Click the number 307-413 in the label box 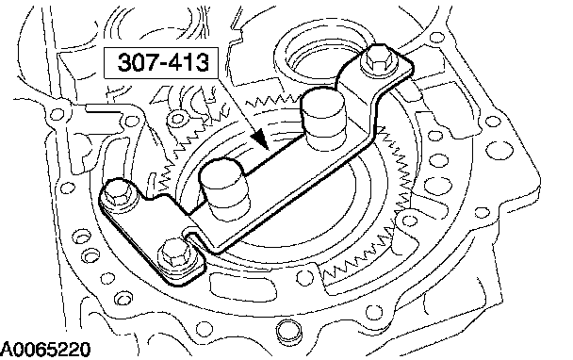pos(163,62)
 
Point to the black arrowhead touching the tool pos(260,139)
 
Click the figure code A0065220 pos(45,350)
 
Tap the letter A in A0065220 pos(7,350)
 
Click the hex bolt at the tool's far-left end pos(117,196)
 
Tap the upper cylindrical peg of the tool pos(322,120)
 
